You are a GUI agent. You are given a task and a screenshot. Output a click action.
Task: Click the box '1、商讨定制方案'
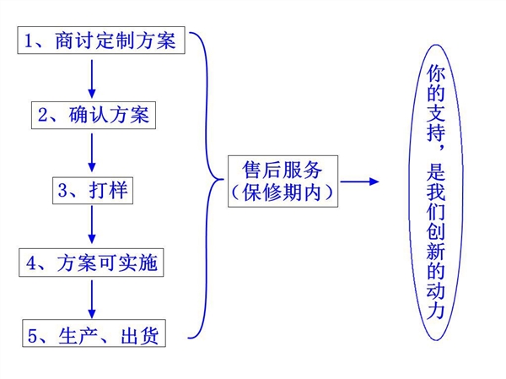[x=100, y=41]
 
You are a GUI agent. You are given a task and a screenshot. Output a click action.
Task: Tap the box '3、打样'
[x=92, y=190]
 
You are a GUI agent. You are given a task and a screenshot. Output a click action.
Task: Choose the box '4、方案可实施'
[x=92, y=263]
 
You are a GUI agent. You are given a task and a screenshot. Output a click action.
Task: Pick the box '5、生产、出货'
[x=92, y=334]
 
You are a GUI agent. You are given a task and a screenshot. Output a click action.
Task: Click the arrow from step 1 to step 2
[x=91, y=78]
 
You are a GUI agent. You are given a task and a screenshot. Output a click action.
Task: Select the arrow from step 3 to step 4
[x=91, y=226]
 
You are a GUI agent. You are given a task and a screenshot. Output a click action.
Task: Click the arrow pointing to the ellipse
[x=359, y=181]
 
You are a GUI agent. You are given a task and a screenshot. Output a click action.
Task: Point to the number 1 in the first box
[x=30, y=41]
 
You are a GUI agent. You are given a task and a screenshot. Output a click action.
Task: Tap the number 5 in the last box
[x=33, y=335]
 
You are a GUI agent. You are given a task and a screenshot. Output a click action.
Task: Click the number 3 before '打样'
[x=62, y=190]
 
